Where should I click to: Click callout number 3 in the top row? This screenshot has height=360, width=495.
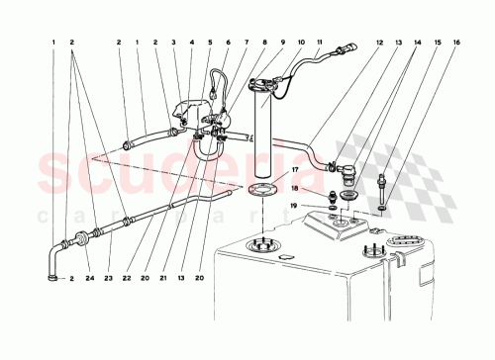(173, 44)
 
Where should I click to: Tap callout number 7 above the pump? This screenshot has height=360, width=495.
(245, 44)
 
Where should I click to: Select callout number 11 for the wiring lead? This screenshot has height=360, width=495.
(318, 44)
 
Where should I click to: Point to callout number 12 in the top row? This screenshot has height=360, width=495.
(379, 44)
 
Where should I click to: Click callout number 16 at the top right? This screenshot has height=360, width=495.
(457, 44)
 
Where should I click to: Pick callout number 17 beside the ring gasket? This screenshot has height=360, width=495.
(293, 171)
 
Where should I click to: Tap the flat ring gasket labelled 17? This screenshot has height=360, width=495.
(259, 188)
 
